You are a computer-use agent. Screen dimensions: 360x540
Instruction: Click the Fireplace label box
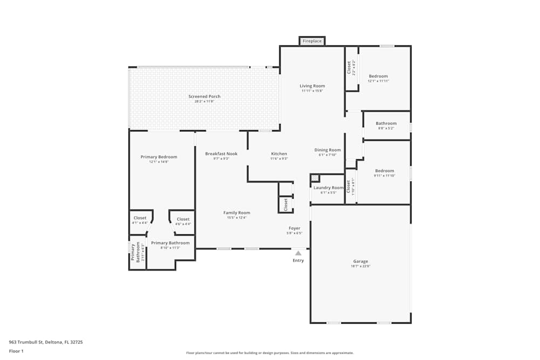click(312, 41)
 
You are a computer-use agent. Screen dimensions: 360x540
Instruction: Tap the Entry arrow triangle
click(298, 252)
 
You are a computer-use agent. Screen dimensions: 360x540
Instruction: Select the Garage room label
click(360, 261)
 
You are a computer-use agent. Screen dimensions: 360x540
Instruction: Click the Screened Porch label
click(204, 97)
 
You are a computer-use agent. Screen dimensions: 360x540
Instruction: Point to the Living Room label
click(312, 86)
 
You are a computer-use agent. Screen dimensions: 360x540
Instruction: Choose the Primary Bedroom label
click(159, 157)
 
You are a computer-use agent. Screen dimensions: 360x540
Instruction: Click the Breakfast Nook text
click(221, 154)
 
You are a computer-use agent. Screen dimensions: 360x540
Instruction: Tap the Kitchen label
click(279, 154)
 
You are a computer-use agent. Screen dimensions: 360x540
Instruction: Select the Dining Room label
click(328, 150)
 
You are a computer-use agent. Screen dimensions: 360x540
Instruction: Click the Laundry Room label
click(328, 188)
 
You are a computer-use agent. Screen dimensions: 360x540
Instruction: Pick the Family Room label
click(237, 213)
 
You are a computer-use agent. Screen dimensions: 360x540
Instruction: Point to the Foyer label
click(294, 228)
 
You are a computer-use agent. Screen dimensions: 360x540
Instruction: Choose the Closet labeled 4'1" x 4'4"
click(140, 218)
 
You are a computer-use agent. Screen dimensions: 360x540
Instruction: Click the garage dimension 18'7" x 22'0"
click(360, 266)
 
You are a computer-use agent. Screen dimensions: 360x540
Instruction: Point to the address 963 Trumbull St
click(45, 342)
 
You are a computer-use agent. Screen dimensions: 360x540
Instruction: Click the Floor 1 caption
click(16, 351)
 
